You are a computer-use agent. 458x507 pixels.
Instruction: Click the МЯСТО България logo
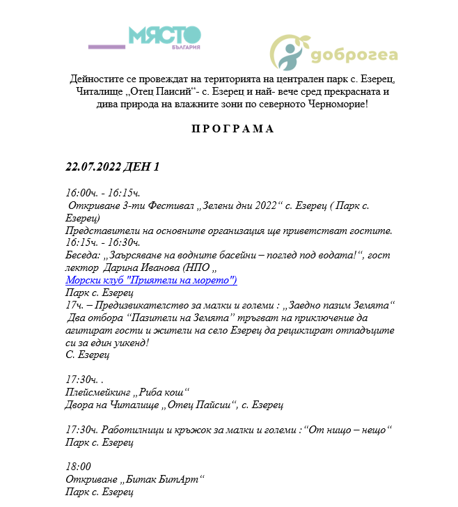pos(164,37)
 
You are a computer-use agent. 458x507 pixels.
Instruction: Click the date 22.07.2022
pos(93,167)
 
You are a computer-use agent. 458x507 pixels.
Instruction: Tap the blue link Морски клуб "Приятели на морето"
pos(151,280)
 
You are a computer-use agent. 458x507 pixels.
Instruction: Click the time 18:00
pos(78,467)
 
